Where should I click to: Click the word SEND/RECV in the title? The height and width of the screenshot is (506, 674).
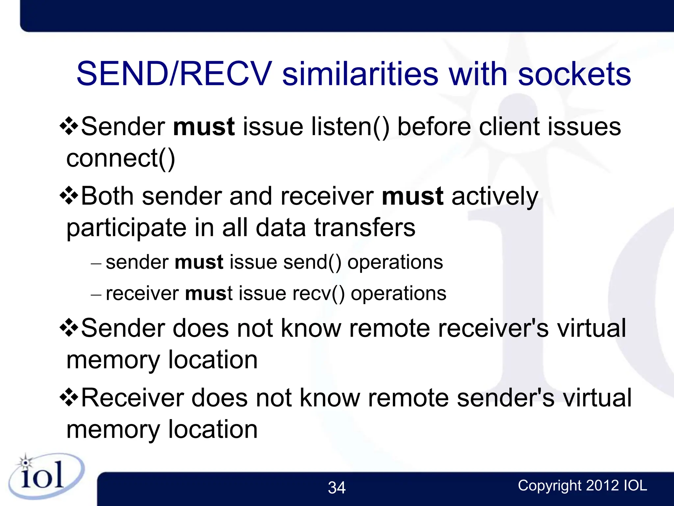(x=174, y=74)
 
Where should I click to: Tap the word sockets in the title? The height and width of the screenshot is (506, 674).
(x=574, y=74)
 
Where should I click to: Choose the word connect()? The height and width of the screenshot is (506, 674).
(x=120, y=159)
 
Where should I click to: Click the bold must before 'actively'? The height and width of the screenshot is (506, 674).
(x=412, y=196)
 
